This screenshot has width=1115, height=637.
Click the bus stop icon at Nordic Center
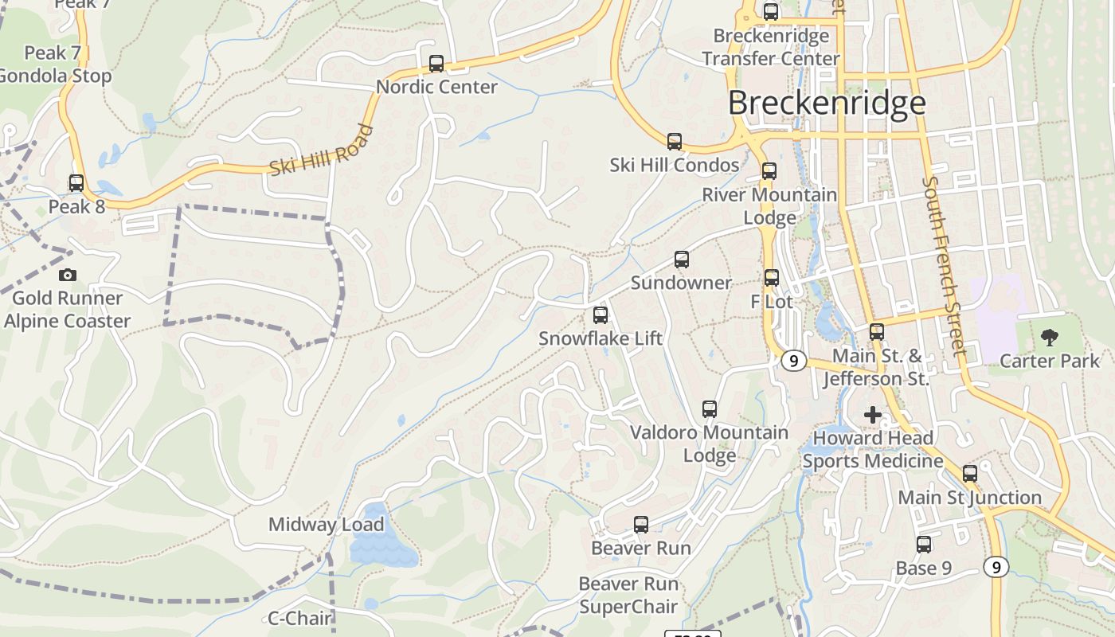[x=436, y=64]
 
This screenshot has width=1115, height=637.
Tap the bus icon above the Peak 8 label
[x=76, y=183]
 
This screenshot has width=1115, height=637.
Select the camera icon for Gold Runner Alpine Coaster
[x=68, y=275]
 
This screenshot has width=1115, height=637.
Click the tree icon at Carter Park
[x=1050, y=338]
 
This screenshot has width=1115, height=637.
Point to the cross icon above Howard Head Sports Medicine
[x=873, y=414]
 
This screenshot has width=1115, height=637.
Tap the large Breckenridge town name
[x=827, y=103]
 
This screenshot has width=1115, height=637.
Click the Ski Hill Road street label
[x=321, y=150]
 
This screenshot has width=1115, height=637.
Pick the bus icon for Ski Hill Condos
[x=675, y=142]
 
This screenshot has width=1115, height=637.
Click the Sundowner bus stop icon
[x=681, y=260]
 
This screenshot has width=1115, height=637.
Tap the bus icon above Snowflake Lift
[x=601, y=315]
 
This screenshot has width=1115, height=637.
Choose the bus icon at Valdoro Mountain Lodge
[x=710, y=409]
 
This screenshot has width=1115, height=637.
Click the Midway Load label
[x=326, y=525]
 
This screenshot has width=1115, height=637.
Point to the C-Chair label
[x=299, y=618]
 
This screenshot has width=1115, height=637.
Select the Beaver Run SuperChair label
[x=628, y=595]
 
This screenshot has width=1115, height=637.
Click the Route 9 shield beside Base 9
[x=996, y=567]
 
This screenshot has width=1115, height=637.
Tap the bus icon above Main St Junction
[x=970, y=474]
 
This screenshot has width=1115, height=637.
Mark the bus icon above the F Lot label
[x=772, y=278]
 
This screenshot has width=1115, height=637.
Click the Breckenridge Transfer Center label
[x=771, y=47]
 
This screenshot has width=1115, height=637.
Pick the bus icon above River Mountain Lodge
[x=769, y=171]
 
